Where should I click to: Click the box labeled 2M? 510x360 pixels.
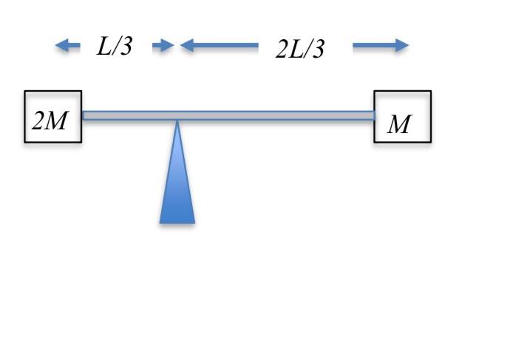click(52, 116)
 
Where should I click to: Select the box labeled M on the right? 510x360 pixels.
click(402, 116)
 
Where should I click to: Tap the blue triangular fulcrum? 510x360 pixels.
click(177, 185)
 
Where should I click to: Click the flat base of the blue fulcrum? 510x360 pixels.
click(177, 220)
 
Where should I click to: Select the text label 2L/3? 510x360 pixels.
click(300, 49)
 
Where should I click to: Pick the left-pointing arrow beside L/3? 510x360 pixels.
click(68, 47)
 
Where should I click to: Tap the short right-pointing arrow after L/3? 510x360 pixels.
click(163, 47)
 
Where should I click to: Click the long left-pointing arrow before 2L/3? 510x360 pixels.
click(219, 47)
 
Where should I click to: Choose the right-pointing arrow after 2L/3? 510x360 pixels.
click(381, 47)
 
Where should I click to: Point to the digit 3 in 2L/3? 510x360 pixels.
click(318, 50)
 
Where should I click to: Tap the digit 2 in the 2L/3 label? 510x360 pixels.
click(282, 50)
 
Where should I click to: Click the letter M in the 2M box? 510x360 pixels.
click(56, 121)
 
